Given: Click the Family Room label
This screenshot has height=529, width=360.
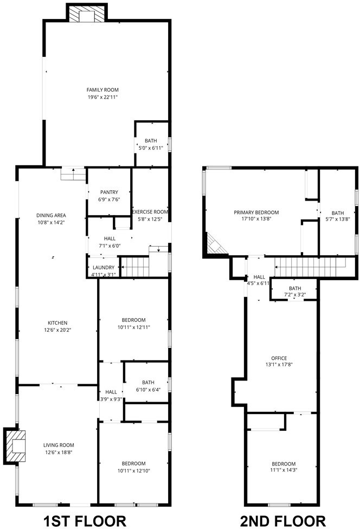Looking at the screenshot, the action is point(102,90).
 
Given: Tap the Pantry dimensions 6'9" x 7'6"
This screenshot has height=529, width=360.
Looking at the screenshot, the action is point(109,199).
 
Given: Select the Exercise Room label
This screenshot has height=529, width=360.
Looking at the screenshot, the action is point(150,212).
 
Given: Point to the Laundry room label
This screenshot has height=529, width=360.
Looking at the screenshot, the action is point(104,268).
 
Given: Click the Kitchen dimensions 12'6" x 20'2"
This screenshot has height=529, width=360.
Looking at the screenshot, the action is point(57,330).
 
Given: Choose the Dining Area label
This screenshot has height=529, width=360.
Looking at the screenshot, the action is point(51,215).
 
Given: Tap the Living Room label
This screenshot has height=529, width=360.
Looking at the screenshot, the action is point(59,445).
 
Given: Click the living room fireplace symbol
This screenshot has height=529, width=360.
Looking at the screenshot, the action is point(15,446).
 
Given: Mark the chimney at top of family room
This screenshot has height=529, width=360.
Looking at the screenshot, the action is point(87,13).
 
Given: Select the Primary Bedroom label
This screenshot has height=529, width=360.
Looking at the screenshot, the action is point(256,212).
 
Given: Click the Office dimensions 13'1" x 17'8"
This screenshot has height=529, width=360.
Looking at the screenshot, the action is point(279,364).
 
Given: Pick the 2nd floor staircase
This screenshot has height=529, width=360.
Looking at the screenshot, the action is point(310,267).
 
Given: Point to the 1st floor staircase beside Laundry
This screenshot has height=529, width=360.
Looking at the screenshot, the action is point(135,267).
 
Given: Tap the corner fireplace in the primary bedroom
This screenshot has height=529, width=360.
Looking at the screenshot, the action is point(215,244).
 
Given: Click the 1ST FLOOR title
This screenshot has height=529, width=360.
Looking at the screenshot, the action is point(85,521).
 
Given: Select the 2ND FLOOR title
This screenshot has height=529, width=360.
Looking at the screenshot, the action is point(282,521).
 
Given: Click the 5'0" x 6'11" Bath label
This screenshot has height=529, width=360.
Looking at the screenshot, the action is point(151,144).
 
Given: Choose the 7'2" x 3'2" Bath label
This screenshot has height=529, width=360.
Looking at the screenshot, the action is point(295,291).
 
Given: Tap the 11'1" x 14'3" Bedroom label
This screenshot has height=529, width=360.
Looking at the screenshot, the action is point(284,467).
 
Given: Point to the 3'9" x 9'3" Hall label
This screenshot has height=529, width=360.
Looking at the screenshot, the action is point(111,396).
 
